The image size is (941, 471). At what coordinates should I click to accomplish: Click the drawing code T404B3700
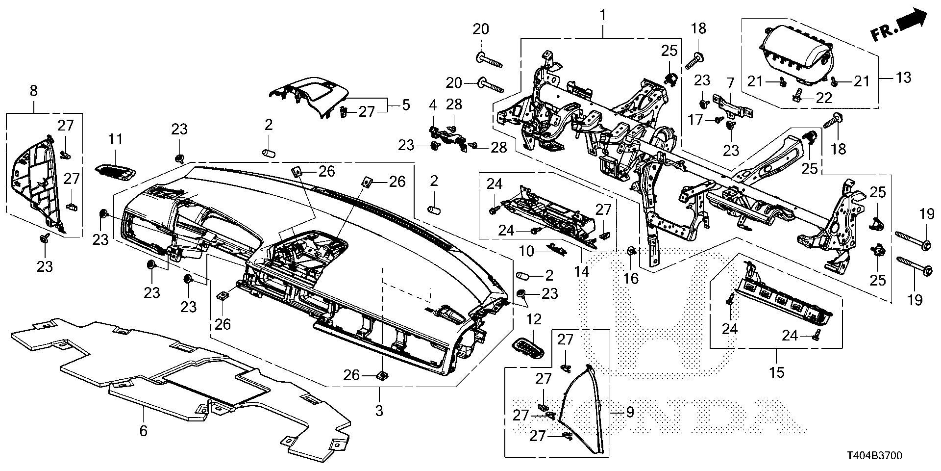pyautogui.click(x=874, y=456)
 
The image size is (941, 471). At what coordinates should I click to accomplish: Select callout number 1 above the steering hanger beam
pyautogui.click(x=603, y=15)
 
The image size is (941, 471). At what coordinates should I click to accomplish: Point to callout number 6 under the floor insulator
pyautogui.click(x=143, y=431)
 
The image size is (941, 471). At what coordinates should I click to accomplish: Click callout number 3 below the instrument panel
pyautogui.click(x=379, y=411)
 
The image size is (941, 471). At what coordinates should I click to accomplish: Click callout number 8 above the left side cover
pyautogui.click(x=33, y=91)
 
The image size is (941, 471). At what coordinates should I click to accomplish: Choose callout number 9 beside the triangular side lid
pyautogui.click(x=629, y=413)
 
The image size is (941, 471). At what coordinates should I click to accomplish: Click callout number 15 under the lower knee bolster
pyautogui.click(x=777, y=372)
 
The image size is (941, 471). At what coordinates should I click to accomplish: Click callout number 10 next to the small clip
pyautogui.click(x=527, y=252)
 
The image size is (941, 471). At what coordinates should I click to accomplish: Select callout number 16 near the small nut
pyautogui.click(x=631, y=279)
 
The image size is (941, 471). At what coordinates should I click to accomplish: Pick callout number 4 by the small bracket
pyautogui.click(x=433, y=105)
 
